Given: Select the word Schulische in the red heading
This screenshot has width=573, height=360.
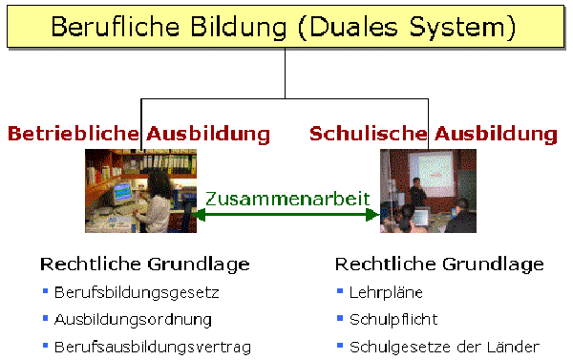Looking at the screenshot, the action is (368, 134).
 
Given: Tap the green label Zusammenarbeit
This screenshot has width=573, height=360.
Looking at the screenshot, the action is (286, 199).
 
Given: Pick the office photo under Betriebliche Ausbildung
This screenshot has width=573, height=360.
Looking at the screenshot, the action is (140, 191).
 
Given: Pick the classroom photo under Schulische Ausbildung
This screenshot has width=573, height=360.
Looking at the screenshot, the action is (427, 191).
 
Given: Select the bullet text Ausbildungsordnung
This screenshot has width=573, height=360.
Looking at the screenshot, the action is (133, 319).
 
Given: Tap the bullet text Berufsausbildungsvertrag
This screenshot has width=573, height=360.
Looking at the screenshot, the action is (152, 346).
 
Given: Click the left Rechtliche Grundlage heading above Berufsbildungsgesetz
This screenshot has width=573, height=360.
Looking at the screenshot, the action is (145, 264).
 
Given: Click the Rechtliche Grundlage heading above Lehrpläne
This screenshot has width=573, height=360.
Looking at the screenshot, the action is (440, 264).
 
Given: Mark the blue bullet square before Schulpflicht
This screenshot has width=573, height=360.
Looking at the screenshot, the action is (340, 318).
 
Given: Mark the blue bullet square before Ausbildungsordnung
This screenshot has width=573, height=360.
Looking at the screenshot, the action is (44, 318).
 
